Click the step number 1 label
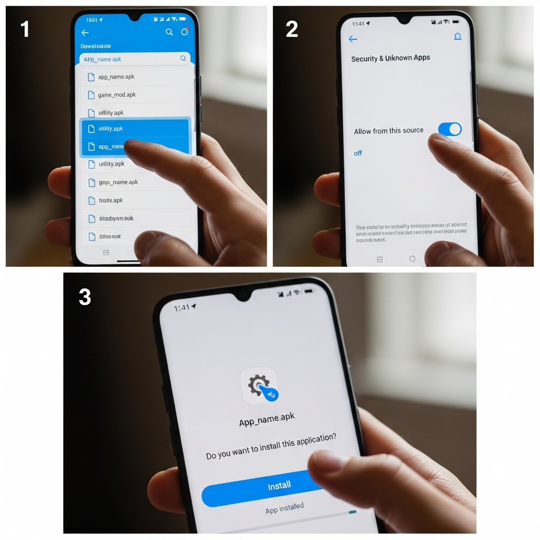[24, 30]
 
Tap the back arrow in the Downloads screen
[85, 33]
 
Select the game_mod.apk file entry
[117, 95]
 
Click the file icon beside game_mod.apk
[91, 95]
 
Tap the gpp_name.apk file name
[118, 182]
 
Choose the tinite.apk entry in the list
[111, 200]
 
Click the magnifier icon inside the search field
[183, 59]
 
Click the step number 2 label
[292, 30]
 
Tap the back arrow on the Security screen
[353, 40]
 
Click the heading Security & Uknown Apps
[390, 58]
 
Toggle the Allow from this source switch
[449, 129]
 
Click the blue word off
[358, 153]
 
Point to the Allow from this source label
[388, 131]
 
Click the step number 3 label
[85, 297]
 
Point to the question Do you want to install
[271, 447]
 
